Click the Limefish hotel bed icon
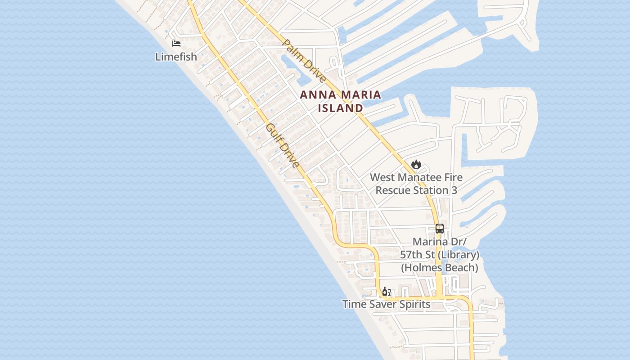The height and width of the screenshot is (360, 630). pos(176,44)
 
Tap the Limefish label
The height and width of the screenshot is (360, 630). pos(176,57)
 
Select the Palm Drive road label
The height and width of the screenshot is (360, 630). pos(304,61)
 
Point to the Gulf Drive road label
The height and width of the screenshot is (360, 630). pos(283,146)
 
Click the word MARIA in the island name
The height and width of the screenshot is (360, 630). pos(361,95)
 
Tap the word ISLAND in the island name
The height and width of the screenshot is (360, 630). pos(341,108)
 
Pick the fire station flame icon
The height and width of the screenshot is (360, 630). pos(416,164)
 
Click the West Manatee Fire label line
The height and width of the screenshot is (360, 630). pos(416,177)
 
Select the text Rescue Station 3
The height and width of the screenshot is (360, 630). pos(416,190)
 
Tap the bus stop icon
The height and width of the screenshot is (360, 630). pos(440,229)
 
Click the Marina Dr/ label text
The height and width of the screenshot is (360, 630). pos(440,242)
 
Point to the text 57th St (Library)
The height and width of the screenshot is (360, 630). pos(440,255)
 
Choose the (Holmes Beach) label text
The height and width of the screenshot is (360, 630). pos(440,268)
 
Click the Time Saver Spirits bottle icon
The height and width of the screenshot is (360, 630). pos(385,292)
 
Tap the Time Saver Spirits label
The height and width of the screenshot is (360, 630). pos(386,304)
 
